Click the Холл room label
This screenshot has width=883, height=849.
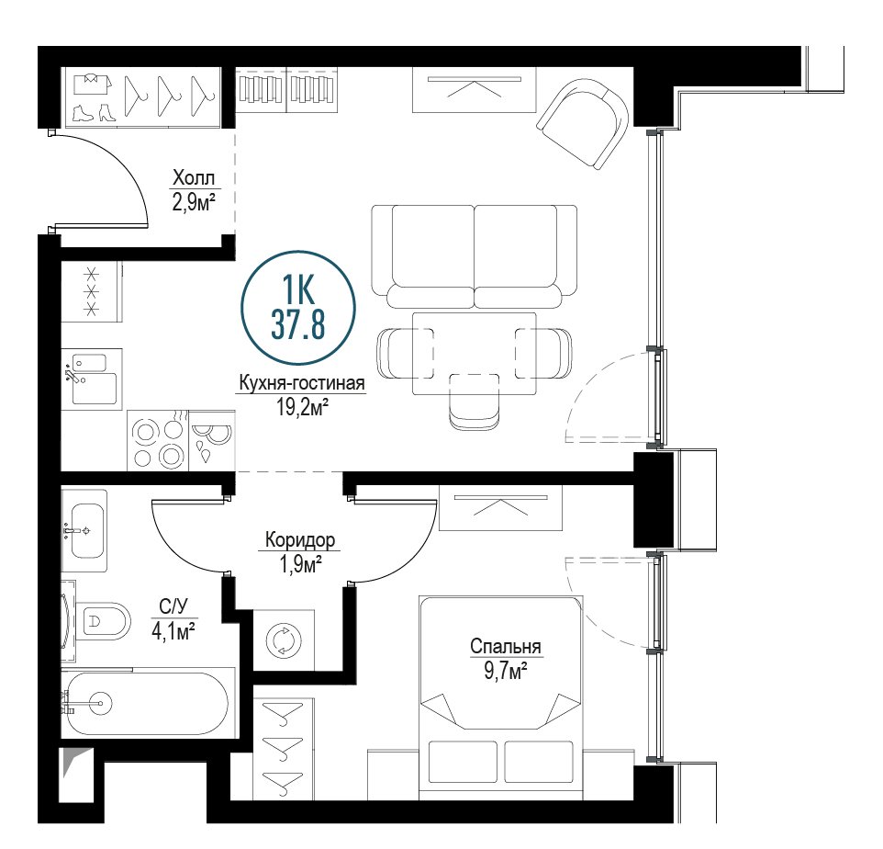click(x=194, y=178)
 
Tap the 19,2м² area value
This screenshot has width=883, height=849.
click(x=302, y=406)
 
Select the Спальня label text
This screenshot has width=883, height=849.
click(x=506, y=647)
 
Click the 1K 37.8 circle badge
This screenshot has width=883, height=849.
click(x=298, y=308)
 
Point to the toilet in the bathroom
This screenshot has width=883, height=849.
click(x=103, y=621)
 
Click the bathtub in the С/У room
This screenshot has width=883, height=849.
click(x=148, y=703)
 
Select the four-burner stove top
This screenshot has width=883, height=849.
click(x=158, y=441)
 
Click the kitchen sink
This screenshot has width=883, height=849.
click(x=94, y=379)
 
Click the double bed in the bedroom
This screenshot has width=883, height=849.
click(x=500, y=698)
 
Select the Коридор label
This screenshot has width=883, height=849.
click(x=300, y=540)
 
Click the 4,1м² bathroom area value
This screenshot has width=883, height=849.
click(x=173, y=630)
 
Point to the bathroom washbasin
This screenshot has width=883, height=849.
click(x=85, y=530)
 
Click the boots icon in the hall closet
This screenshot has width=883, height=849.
click(x=94, y=112)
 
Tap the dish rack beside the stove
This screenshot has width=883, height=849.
click(x=212, y=441)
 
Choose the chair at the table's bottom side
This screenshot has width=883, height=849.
click(x=475, y=402)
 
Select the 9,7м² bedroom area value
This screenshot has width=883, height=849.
click(x=506, y=672)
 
